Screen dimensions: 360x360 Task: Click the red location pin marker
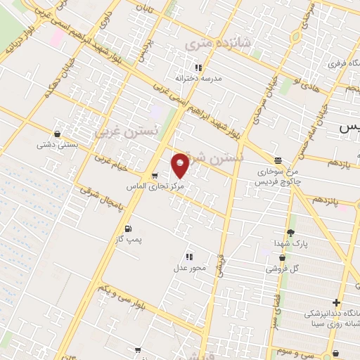pyautogui.click(x=180, y=165)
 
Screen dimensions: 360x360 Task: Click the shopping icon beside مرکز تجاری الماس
pyautogui.click(x=155, y=175)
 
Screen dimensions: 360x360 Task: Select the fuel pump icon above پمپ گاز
pyautogui.click(x=127, y=229)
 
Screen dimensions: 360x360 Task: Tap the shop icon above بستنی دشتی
pyautogui.click(x=57, y=134)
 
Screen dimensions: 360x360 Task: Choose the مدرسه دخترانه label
pyautogui.click(x=199, y=79)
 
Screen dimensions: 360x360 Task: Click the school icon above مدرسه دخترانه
pyautogui.click(x=199, y=67)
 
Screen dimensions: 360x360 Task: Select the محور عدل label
pyautogui.click(x=189, y=268)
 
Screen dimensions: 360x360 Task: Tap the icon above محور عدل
pyautogui.click(x=189, y=257)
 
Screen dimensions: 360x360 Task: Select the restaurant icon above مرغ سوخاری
pyautogui.click(x=278, y=160)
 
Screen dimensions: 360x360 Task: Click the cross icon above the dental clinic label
pyautogui.click(x=337, y=302)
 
